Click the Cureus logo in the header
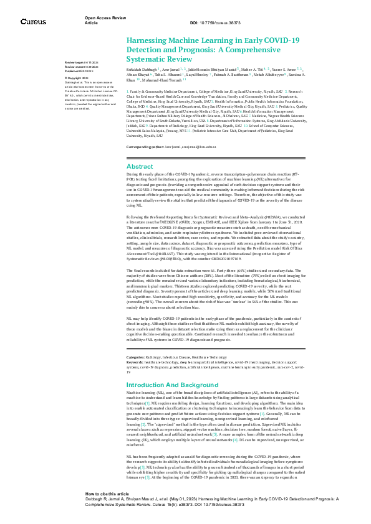(33, 22)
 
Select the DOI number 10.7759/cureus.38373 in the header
(220, 23)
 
